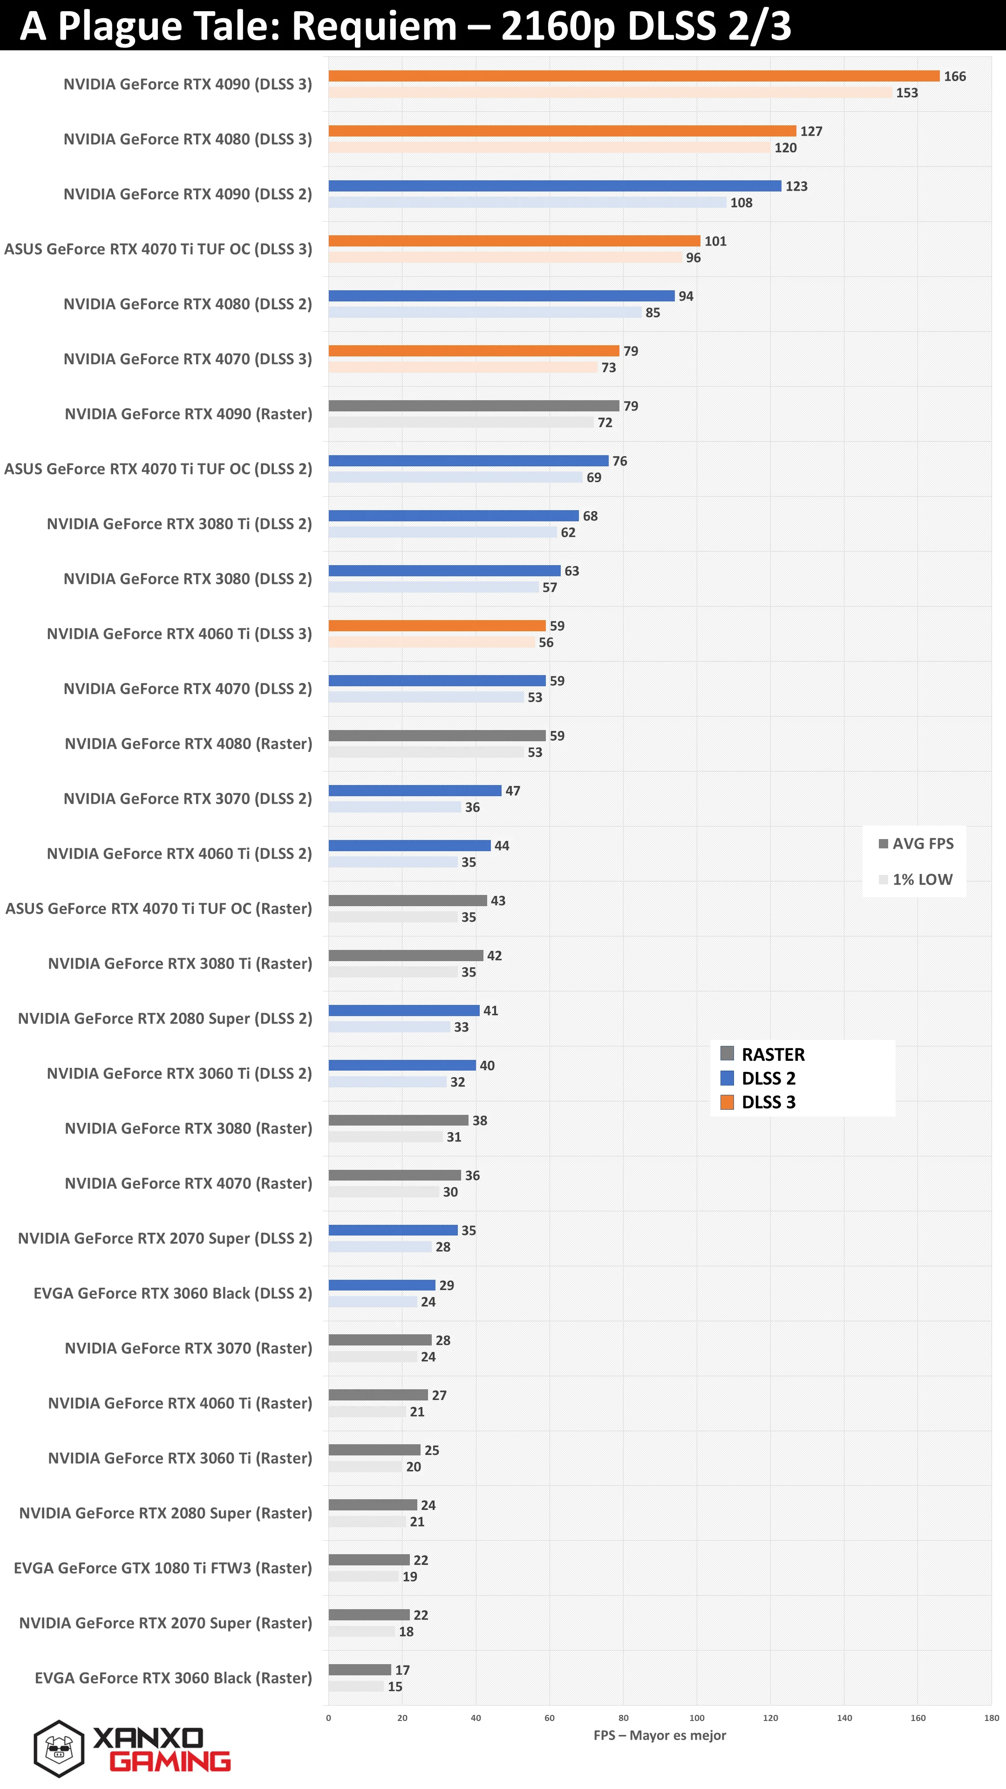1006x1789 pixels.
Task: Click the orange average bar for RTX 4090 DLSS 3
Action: click(634, 75)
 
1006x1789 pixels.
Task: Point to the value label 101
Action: click(715, 241)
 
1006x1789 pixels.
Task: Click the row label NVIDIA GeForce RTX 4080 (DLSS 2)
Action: click(187, 304)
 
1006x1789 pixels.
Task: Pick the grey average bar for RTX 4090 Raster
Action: click(474, 406)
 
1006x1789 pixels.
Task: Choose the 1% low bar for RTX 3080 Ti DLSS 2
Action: click(442, 532)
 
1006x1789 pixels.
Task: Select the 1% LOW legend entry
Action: click(916, 879)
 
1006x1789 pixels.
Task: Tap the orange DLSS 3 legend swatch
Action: click(727, 1102)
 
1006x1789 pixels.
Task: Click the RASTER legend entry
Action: click(762, 1054)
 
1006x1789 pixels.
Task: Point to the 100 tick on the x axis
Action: click(696, 1717)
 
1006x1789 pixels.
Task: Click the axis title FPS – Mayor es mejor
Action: click(659, 1735)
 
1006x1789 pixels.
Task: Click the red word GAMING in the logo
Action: click(170, 1761)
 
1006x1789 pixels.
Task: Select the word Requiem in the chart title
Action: click(374, 26)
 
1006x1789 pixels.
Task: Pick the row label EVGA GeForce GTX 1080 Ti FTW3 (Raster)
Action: click(163, 1568)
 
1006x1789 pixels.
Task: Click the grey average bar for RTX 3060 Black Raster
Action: click(360, 1670)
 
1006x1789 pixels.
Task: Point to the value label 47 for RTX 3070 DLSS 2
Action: click(512, 790)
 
